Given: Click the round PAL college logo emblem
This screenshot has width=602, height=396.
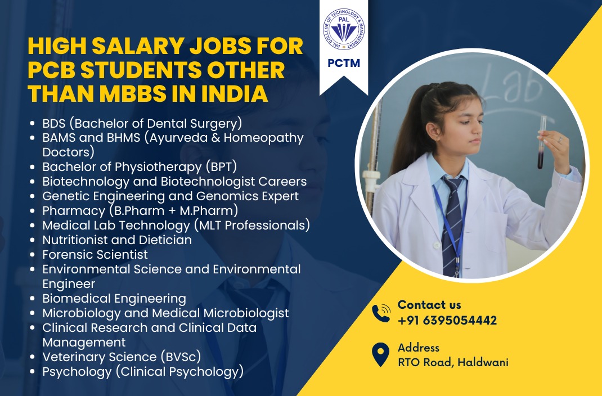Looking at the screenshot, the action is point(344,29).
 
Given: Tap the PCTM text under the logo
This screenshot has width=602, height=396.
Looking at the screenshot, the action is point(344,63).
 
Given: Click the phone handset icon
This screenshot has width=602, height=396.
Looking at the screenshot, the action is point(381,313).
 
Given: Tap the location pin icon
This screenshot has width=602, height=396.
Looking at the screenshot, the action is point(380,354).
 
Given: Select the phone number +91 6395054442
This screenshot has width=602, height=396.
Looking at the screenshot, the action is point(447,320).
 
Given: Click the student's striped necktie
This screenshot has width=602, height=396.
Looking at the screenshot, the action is point(453,226).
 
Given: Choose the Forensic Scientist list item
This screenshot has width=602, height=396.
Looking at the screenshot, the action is point(95,254).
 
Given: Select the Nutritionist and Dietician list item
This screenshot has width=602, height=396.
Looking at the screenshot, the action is point(117,240).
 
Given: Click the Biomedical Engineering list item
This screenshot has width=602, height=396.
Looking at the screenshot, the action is point(114,298).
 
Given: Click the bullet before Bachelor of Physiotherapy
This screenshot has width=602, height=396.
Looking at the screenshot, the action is point(33,167).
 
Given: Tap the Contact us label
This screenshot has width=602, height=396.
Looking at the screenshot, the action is point(429,305).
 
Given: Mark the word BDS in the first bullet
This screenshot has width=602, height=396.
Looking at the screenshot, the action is point(54,124).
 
